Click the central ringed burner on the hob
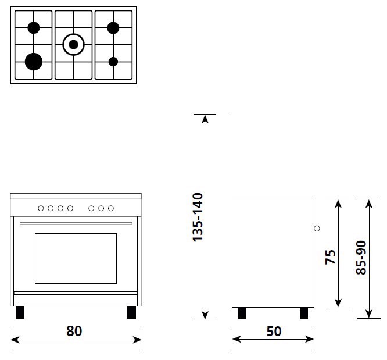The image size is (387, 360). [x=73, y=44]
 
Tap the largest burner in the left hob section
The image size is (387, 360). [x=34, y=60]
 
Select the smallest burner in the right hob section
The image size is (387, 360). [x=113, y=61]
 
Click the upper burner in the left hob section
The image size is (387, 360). [x=34, y=27]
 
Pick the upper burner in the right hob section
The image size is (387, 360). [x=113, y=27]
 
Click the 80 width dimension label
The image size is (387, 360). [x=74, y=331]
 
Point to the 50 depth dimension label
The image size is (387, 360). [x=274, y=331]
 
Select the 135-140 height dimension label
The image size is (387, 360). [x=197, y=217]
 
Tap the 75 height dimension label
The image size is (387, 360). [x=330, y=257]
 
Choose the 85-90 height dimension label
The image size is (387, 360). [x=361, y=258]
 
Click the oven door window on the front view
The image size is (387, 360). [x=76, y=258]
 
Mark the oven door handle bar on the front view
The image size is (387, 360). [x=76, y=223]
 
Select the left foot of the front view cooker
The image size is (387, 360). [x=20, y=312]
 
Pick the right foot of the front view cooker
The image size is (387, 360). [x=131, y=312]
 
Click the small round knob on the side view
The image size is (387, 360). [x=317, y=228]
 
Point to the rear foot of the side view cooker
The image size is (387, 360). [x=242, y=313]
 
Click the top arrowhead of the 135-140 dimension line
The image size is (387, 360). [x=205, y=118]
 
